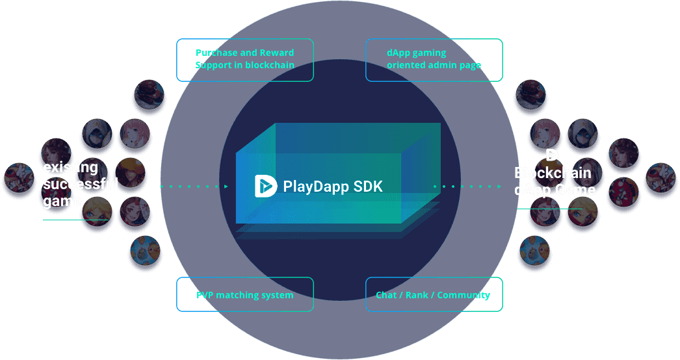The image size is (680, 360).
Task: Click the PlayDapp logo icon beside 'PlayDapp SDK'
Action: point(266,186)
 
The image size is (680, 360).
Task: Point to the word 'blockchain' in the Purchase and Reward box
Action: point(270,65)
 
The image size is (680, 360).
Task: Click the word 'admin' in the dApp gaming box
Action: point(445,65)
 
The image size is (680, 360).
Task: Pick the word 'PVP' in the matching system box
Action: point(205,295)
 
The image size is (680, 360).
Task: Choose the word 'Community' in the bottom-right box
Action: point(464,295)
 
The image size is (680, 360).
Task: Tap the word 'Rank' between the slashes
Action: point(417,295)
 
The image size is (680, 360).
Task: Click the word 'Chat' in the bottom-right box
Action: point(386,295)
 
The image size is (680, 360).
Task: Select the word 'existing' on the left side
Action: point(70,168)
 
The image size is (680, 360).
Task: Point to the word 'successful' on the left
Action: point(81,184)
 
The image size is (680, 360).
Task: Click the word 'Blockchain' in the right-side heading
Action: point(553,173)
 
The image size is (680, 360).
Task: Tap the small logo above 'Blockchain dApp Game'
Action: point(552,155)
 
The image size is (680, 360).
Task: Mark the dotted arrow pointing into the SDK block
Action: point(194,186)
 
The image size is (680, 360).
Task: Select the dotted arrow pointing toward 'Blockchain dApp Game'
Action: point(467,186)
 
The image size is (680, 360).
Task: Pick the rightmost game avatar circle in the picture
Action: point(661,177)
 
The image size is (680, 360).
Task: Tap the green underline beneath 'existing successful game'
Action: point(75,220)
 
